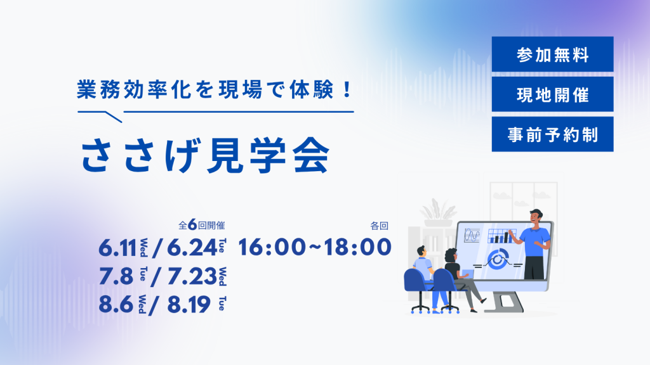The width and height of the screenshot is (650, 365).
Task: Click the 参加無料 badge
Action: (553, 54)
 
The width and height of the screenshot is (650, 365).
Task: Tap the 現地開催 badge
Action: (553, 94)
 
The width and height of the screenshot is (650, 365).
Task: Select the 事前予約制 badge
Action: (553, 134)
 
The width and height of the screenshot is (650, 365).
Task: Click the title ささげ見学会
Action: (205, 155)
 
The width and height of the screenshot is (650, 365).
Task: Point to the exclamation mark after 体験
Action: (347, 89)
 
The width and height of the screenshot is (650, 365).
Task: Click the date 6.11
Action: (117, 248)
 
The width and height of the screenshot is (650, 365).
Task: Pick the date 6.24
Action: (192, 248)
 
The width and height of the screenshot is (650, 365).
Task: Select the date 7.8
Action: (116, 276)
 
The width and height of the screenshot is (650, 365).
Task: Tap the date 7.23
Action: (192, 276)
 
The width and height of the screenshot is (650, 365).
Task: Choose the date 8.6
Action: (116, 305)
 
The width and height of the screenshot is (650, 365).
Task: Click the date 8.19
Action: (189, 305)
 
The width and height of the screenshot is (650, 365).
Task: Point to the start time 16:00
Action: (272, 247)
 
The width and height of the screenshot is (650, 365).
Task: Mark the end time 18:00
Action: (358, 247)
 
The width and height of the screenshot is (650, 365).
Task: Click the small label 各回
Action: (380, 226)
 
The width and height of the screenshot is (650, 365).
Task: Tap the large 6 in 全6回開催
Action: (192, 225)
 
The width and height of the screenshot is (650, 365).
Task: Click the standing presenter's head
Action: (536, 218)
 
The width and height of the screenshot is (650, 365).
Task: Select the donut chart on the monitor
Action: (498, 259)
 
